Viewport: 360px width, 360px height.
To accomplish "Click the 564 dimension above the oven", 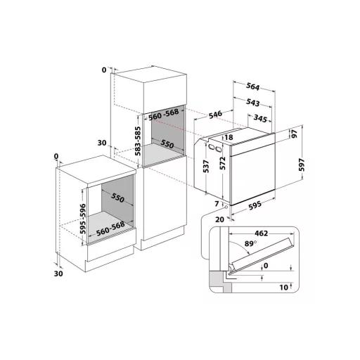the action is (252, 86).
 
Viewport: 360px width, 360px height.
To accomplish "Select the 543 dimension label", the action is (252, 103).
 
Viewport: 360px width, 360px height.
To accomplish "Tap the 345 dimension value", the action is (260, 119).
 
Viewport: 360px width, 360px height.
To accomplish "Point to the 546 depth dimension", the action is (215, 115).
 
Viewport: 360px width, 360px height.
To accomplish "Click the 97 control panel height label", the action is (295, 134).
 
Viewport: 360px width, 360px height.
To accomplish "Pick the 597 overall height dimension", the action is (302, 165).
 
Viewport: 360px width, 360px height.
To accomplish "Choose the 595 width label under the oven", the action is (255, 205).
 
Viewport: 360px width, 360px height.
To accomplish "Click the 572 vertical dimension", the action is (223, 163).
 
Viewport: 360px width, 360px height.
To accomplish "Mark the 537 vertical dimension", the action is (206, 167).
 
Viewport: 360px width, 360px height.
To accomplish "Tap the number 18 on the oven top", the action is (229, 137).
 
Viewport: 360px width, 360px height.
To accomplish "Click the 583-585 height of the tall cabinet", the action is (138, 141).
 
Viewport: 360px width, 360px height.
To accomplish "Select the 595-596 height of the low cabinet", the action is (83, 219).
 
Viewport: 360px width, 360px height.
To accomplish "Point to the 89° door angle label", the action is (250, 244).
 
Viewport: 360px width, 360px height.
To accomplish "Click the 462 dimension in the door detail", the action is (261, 233).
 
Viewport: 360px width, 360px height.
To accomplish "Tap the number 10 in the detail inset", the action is (284, 287).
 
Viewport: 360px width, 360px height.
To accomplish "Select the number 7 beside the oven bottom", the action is (217, 203).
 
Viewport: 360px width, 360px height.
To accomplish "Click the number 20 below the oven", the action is (219, 219).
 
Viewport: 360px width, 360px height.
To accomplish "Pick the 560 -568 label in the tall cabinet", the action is (164, 115).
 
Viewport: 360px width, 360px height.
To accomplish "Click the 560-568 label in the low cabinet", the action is (110, 229).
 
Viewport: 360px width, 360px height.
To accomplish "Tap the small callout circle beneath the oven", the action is (226, 207).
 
